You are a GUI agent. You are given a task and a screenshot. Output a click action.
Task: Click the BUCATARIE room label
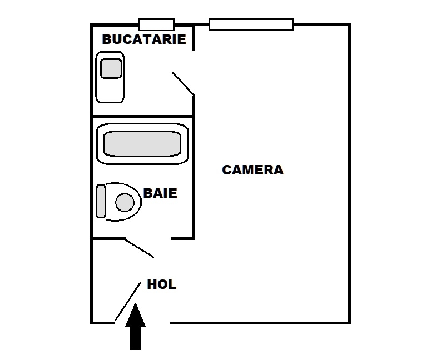(144, 39)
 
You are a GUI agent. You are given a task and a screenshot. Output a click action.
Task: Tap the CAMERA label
(252, 170)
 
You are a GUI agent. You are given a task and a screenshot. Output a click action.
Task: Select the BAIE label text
(160, 193)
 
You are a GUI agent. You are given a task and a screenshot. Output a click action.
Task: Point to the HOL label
(161, 284)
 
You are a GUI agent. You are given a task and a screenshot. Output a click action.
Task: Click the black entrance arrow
(136, 327)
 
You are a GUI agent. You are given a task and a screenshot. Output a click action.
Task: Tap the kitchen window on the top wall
(156, 24)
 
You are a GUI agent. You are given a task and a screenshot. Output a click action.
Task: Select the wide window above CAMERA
(251, 24)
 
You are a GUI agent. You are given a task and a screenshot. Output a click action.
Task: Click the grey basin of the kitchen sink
(111, 68)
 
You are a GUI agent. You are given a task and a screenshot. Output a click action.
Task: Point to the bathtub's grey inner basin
(142, 144)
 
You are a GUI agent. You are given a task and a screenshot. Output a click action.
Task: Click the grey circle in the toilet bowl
(125, 202)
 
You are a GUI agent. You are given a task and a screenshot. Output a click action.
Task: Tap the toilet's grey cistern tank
(101, 201)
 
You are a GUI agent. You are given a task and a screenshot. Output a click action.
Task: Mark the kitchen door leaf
(184, 84)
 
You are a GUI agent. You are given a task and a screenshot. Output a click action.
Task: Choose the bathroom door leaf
(139, 248)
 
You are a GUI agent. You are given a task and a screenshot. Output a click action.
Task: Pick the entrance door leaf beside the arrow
(128, 301)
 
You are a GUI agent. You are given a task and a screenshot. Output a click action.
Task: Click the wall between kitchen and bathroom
(142, 116)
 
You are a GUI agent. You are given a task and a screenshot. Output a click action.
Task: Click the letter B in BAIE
(148, 193)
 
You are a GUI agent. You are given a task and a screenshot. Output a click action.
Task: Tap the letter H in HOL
(152, 284)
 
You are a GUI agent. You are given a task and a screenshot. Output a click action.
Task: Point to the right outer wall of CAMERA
(349, 174)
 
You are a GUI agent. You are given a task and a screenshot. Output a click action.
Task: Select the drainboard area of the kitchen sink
(110, 90)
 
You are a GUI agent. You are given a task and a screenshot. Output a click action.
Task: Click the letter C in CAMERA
(227, 170)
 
